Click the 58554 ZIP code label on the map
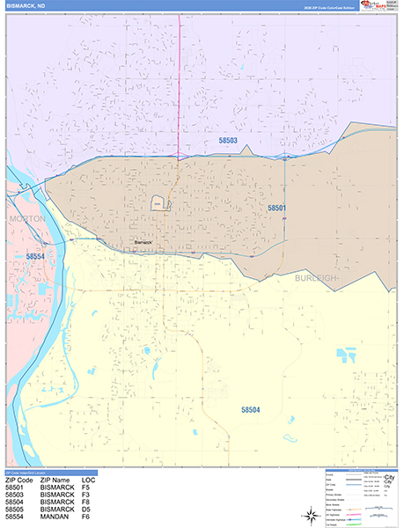[x=36, y=255]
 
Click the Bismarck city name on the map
[x=143, y=242]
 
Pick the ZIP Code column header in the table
[x=19, y=480]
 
